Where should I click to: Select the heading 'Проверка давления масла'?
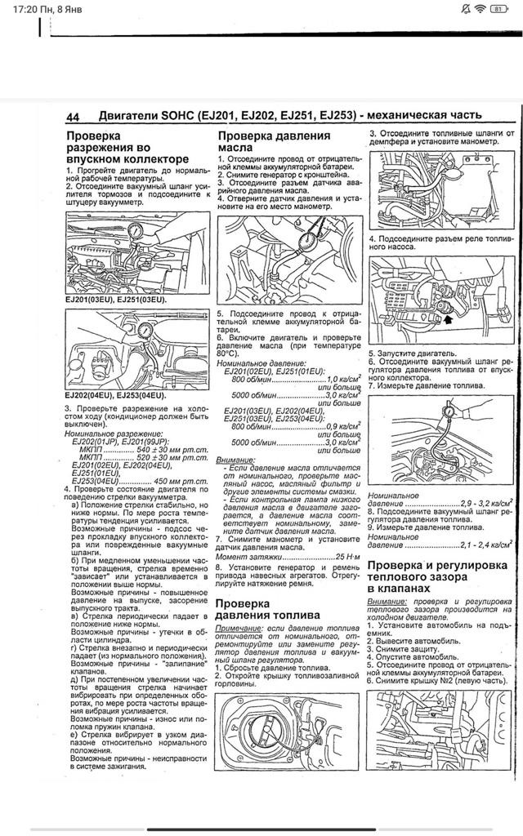tap(273, 141)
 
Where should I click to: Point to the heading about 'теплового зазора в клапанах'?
tap(440, 576)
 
